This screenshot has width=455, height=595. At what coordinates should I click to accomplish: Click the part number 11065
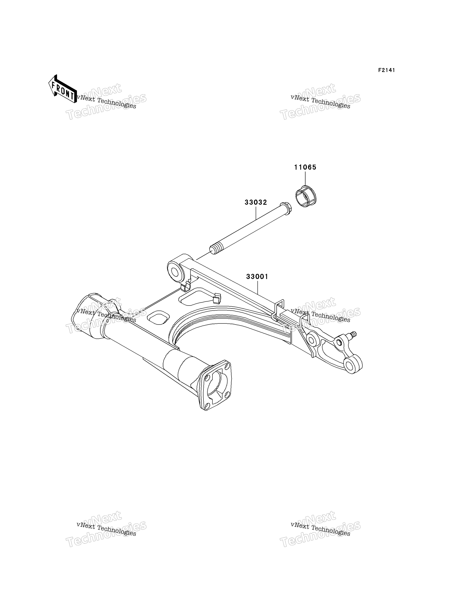tap(305, 167)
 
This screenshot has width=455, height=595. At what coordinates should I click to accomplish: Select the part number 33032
tap(256, 202)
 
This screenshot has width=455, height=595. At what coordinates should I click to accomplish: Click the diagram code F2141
tap(387, 70)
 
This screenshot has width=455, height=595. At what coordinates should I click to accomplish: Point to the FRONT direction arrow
tap(62, 89)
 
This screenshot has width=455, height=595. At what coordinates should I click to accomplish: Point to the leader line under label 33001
tap(258, 288)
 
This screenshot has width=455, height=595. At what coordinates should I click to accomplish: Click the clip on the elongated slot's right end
tap(217, 298)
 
